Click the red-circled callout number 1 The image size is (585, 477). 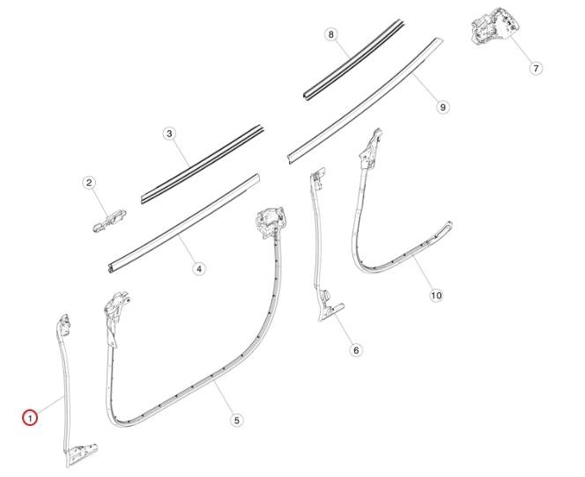pyautogui.click(x=29, y=417)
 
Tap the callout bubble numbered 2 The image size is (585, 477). pyautogui.click(x=89, y=182)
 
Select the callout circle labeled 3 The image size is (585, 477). pyautogui.click(x=169, y=134)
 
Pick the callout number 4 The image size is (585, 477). pyautogui.click(x=199, y=268)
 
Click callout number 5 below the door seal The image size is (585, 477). pyautogui.click(x=236, y=421)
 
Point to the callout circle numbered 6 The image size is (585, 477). pyautogui.click(x=356, y=350)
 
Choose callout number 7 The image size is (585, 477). pyautogui.click(x=537, y=69)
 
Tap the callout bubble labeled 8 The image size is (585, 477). pyautogui.click(x=331, y=34)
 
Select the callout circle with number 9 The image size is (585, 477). pyautogui.click(x=443, y=107)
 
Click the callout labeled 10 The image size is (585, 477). pyautogui.click(x=436, y=296)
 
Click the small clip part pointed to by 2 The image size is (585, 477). pyautogui.click(x=109, y=221)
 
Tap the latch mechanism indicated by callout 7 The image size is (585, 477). pyautogui.click(x=494, y=26)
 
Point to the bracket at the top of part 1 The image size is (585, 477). pyautogui.click(x=63, y=324)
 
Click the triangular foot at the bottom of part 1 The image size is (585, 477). pyautogui.click(x=81, y=454)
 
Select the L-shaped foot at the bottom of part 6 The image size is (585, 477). pyautogui.click(x=330, y=312)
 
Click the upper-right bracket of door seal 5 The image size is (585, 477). pyautogui.click(x=270, y=222)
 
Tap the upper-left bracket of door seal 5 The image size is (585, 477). pyautogui.click(x=115, y=306)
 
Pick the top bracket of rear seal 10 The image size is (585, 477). pyautogui.click(x=370, y=148)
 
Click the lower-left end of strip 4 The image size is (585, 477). pyautogui.click(x=111, y=268)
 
